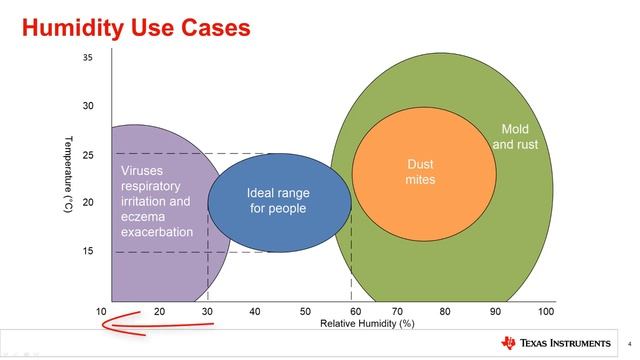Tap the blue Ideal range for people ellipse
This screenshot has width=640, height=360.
pyautogui.click(x=279, y=201)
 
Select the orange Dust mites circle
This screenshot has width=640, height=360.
pyautogui.click(x=423, y=171)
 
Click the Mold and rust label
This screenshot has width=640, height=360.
pyautogui.click(x=515, y=137)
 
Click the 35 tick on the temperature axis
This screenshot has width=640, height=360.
pyautogui.click(x=87, y=58)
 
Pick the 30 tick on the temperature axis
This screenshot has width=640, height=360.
pyautogui.click(x=87, y=106)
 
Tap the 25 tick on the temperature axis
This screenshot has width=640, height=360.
pyautogui.click(x=87, y=155)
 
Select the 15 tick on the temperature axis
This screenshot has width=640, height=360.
pyautogui.click(x=87, y=251)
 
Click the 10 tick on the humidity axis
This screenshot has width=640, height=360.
pyautogui.click(x=102, y=311)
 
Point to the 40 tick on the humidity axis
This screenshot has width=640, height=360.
pyautogui.click(x=255, y=311)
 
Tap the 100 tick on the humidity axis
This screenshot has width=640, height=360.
pyautogui.click(x=545, y=311)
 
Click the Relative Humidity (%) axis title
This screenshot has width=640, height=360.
pyautogui.click(x=367, y=324)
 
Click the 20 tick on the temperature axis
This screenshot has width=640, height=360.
pyautogui.click(x=87, y=203)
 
